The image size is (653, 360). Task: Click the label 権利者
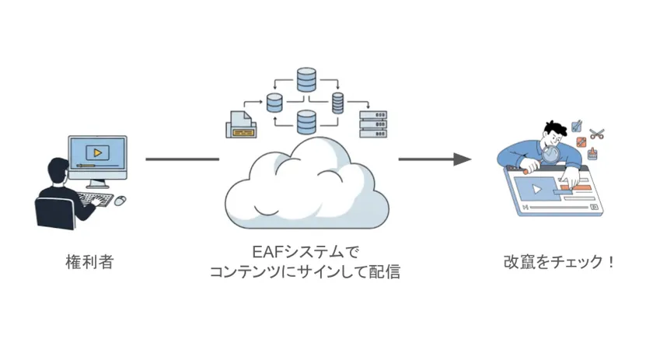89,262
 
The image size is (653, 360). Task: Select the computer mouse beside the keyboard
120,201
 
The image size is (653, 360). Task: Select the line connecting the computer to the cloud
183,159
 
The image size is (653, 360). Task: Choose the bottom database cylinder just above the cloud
306,122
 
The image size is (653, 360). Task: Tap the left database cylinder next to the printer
274,102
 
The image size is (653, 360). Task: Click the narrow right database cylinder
337,103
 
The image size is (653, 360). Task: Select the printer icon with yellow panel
242,124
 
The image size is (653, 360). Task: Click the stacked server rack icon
372,124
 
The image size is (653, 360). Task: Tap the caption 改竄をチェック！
559,262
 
